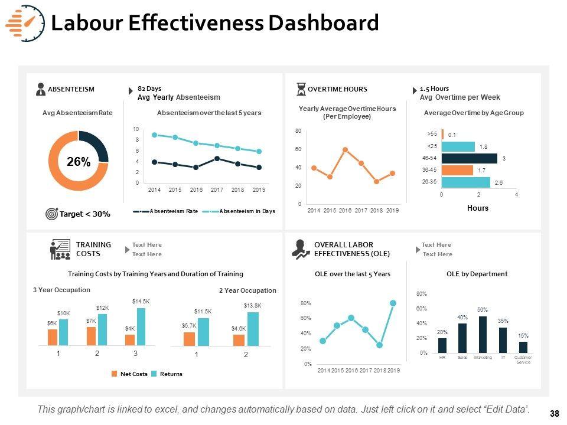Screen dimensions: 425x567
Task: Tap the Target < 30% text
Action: tap(84, 214)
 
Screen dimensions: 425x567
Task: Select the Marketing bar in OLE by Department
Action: tap(482, 335)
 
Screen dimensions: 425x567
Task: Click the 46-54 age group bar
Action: tap(470, 158)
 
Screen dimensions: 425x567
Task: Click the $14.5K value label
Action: tap(141, 302)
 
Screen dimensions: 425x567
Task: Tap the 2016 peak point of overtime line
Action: tap(345, 149)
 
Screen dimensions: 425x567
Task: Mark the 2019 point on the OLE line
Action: tap(393, 303)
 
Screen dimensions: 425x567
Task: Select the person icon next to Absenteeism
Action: tap(41, 89)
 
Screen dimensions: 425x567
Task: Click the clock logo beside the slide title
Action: tap(25, 23)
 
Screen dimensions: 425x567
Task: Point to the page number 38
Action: tap(554, 414)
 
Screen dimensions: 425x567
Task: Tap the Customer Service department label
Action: tap(523, 360)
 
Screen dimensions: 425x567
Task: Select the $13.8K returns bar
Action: tap(253, 329)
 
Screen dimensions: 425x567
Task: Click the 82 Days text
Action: tap(149, 89)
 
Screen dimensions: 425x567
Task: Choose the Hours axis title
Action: tap(477, 208)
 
